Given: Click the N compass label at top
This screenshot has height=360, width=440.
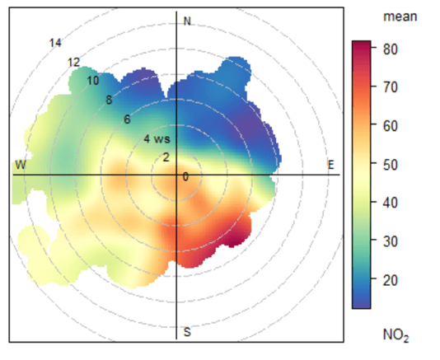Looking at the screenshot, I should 187,21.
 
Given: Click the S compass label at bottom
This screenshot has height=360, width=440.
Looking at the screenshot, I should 187,332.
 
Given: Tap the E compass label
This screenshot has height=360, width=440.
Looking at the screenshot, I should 331,166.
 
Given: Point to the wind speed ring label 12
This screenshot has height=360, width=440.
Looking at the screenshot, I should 74,62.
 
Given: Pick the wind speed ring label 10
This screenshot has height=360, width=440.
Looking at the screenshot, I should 92,81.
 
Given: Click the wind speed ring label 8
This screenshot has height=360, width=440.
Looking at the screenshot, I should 109,100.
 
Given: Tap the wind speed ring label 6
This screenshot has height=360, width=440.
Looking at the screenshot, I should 127,119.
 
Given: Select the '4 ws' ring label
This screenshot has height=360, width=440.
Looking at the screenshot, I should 151,138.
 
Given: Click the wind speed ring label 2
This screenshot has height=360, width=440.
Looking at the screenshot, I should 166,157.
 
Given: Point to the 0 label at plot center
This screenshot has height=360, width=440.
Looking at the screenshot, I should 185,176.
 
